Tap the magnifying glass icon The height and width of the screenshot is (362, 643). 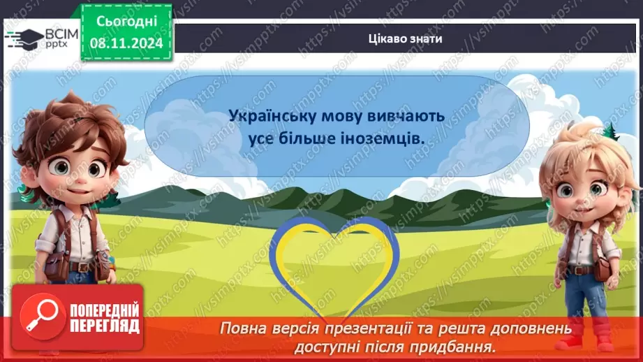pyautogui.click(x=43, y=317)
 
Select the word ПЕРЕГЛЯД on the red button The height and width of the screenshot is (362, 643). pyautogui.click(x=103, y=326)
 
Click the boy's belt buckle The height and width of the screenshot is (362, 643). pyautogui.click(x=82, y=266)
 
